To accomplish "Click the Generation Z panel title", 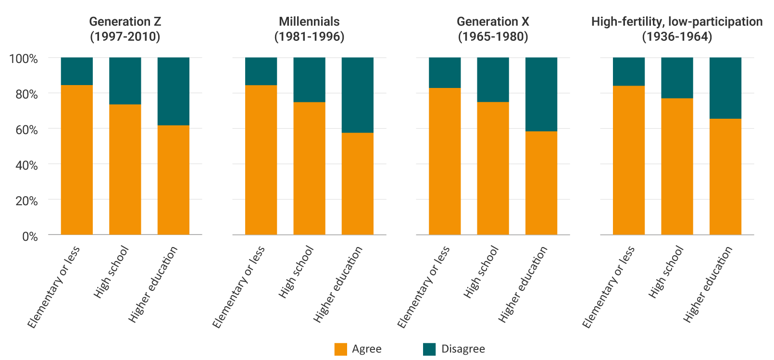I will [125, 29].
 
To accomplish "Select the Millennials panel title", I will [309, 29].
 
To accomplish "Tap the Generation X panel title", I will [493, 29].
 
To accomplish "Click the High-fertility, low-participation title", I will [676, 29].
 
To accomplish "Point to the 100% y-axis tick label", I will [24, 59].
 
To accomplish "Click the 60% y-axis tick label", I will [26, 130].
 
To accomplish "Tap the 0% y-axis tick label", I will [30, 236].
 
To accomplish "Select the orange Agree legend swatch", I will [341, 349].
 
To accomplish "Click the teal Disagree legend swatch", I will [429, 349].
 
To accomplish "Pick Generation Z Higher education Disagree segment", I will [174, 91].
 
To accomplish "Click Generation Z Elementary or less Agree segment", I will [77, 160].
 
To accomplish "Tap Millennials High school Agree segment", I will [309, 168].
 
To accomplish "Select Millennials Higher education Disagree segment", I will [358, 95].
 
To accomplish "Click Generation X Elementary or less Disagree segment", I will [445, 73].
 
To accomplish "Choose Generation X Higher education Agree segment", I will [541, 183].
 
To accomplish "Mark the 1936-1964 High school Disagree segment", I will [677, 78].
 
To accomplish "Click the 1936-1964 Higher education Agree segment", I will [725, 176].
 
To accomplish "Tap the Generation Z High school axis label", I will [111, 272].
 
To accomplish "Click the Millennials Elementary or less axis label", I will [238, 287].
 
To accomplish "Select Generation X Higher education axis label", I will [523, 284].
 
